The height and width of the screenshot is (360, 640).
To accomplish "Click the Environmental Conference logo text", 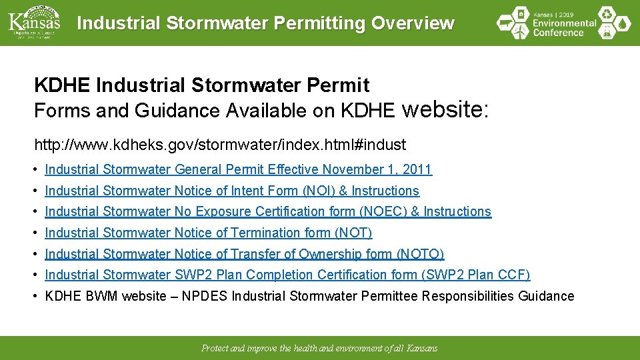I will pyautogui.click(x=564, y=23).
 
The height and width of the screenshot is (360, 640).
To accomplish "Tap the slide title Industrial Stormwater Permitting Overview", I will pyautogui.click(x=265, y=23).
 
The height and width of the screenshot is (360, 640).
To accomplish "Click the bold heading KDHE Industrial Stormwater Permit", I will pyautogui.click(x=201, y=85).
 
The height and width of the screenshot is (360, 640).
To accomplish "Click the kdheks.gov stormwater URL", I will pyautogui.click(x=220, y=144).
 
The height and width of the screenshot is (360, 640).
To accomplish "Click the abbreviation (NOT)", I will pyautogui.click(x=353, y=233).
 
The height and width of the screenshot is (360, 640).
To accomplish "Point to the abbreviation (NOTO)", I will pyautogui.click(x=420, y=254).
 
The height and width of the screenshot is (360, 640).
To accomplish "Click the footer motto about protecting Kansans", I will pyautogui.click(x=319, y=349).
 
